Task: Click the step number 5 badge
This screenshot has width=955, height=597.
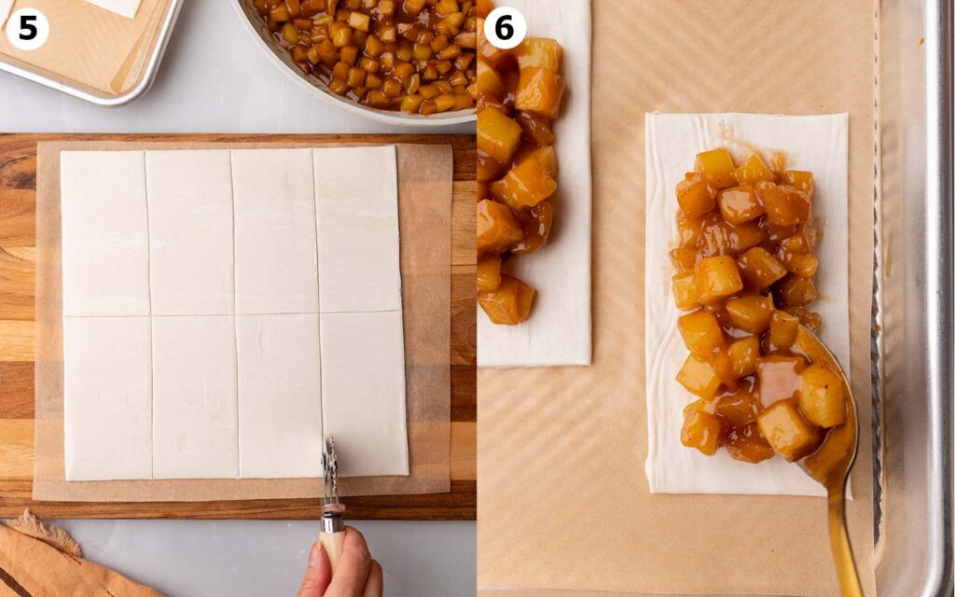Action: tap(27, 28)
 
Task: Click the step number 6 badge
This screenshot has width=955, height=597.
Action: tap(505, 27)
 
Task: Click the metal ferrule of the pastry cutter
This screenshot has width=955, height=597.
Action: tap(333, 520)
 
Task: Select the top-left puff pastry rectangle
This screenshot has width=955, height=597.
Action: tap(104, 233)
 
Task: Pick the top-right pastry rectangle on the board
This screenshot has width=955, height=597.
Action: tap(356, 229)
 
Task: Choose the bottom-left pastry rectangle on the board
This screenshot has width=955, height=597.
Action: tap(108, 397)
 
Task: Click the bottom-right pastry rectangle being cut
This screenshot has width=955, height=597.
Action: tap(364, 394)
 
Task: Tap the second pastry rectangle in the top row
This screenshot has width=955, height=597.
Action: tap(189, 232)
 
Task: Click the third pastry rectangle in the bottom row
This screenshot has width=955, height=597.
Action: tap(279, 396)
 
